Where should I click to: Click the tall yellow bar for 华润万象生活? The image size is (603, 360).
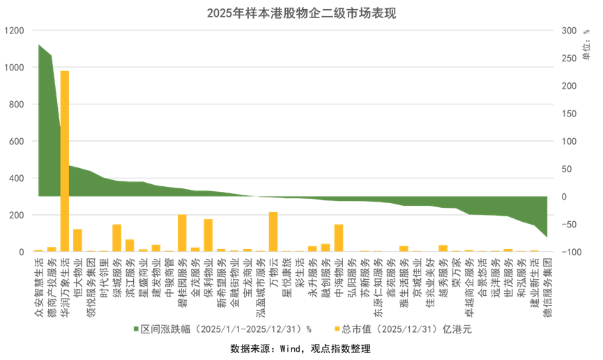[64, 160]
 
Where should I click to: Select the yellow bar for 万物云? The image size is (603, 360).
[273, 231]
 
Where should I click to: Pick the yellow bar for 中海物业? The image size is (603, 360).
[339, 237]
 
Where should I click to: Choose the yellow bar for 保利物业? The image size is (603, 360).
[208, 234]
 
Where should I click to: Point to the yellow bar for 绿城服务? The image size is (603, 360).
[116, 237]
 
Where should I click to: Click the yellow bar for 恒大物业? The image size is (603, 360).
[77, 239]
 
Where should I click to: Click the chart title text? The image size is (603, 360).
[301, 13]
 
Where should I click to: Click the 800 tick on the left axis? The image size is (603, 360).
[16, 105]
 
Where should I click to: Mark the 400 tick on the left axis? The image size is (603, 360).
[16, 178]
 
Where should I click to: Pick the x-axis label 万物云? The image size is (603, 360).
[273, 269]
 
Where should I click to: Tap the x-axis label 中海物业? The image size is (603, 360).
[339, 272]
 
